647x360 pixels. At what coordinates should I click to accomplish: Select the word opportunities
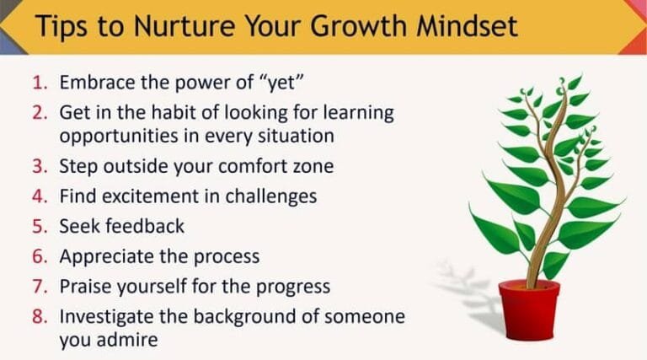117,135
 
